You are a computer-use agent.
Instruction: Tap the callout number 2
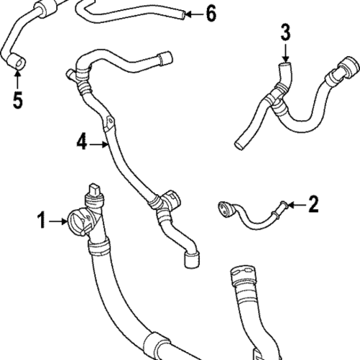[312, 206]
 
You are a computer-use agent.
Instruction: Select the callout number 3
[285, 32]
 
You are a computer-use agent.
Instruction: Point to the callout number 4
[82, 144]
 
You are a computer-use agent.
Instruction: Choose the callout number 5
[17, 99]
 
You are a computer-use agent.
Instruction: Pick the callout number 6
[210, 13]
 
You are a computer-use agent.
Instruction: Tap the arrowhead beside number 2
[294, 206]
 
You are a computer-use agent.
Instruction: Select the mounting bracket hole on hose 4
[108, 122]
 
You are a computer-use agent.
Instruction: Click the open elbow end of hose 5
[18, 66]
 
